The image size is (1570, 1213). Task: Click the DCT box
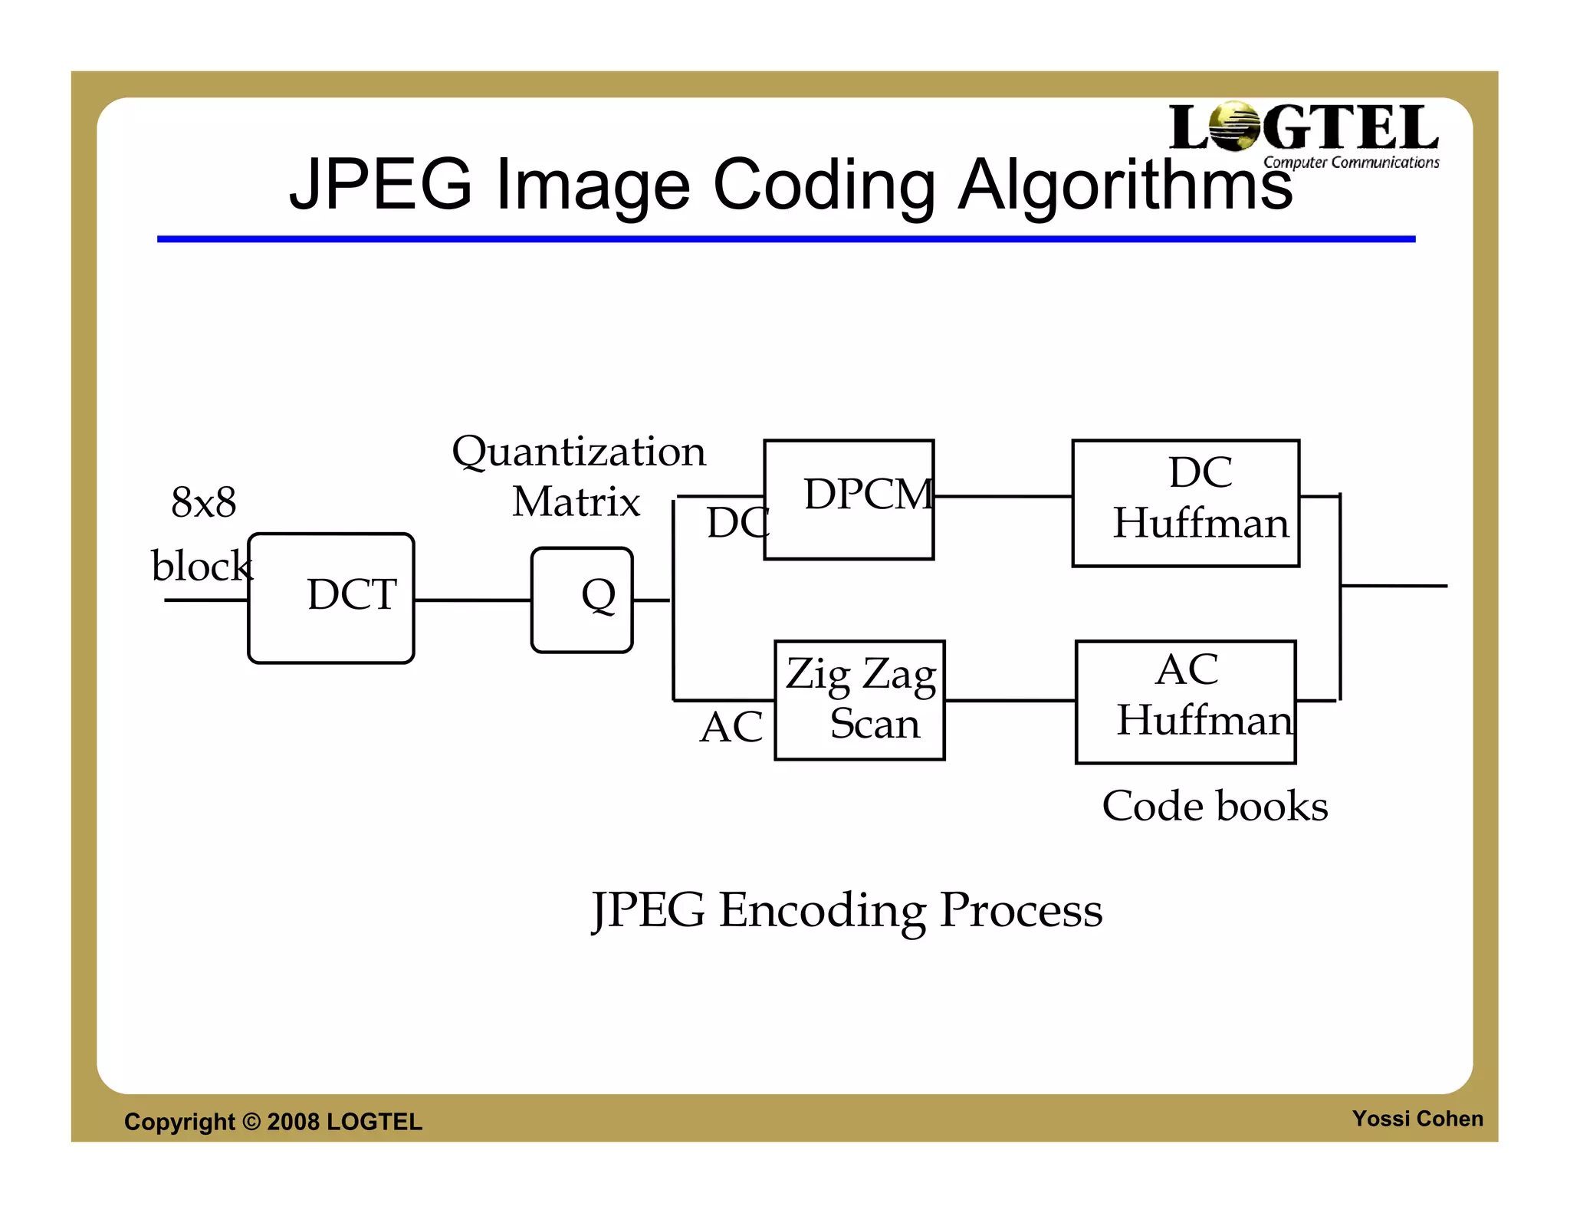pyautogui.click(x=331, y=598)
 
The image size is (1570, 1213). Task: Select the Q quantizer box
pyautogui.click(x=582, y=600)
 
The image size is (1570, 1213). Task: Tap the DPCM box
pyautogui.click(x=849, y=499)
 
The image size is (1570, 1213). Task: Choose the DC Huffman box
pyautogui.click(x=1185, y=503)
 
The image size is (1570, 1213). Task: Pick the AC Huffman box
pyautogui.click(x=1185, y=702)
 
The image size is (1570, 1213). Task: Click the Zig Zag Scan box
pyautogui.click(x=859, y=700)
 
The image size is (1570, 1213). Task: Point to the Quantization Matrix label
pyautogui.click(x=578, y=476)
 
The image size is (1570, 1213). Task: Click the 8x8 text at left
pyautogui.click(x=203, y=503)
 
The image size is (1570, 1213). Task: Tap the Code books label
pyautogui.click(x=1214, y=806)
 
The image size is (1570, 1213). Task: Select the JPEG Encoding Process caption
pyautogui.click(x=846, y=911)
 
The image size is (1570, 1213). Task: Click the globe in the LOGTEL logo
pyautogui.click(x=1234, y=126)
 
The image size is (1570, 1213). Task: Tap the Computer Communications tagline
pyautogui.click(x=1351, y=163)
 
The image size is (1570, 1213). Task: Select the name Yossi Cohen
pyautogui.click(x=1417, y=1119)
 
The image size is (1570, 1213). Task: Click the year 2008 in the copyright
pyautogui.click(x=293, y=1122)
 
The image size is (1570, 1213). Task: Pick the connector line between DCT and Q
pyautogui.click(x=472, y=600)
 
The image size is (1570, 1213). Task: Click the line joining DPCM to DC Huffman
pyautogui.click(x=1003, y=496)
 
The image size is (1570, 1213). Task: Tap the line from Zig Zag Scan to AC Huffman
pyautogui.click(x=1010, y=700)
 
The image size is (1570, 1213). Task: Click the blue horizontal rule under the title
pyautogui.click(x=786, y=239)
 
